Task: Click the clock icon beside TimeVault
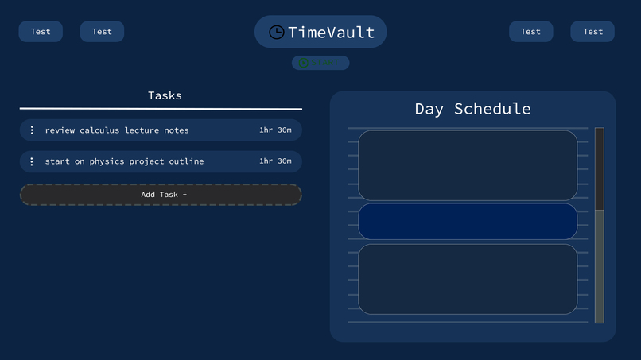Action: click(x=276, y=32)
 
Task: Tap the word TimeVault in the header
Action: click(x=331, y=32)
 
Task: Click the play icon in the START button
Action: click(x=303, y=63)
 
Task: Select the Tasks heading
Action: click(x=165, y=95)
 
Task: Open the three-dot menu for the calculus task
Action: click(x=32, y=130)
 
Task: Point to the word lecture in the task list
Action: click(x=142, y=130)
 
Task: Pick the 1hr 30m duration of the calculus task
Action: click(x=275, y=130)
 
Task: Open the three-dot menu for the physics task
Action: click(x=32, y=161)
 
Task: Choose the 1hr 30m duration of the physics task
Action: click(x=275, y=161)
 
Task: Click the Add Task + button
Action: click(x=161, y=195)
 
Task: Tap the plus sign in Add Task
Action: click(x=185, y=195)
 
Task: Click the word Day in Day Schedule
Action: click(x=429, y=109)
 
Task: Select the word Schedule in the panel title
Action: click(x=492, y=109)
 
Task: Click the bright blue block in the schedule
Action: click(x=468, y=222)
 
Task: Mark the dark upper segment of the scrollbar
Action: click(x=600, y=168)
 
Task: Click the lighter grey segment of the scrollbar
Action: click(x=600, y=266)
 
